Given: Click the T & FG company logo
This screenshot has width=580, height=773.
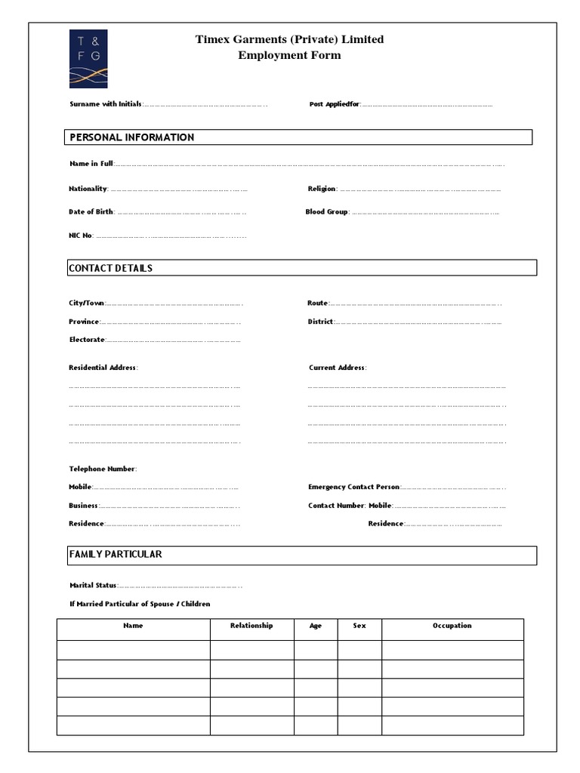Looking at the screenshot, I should [x=88, y=59].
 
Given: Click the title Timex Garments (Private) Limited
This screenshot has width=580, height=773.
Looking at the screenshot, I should [x=289, y=39].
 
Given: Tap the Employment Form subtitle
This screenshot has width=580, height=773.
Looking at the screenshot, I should [x=289, y=55].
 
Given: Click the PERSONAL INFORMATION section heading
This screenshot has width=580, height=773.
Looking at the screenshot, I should [x=132, y=137].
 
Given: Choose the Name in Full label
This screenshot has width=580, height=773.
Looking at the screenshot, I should [x=91, y=164].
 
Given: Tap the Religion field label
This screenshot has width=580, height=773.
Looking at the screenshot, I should [x=322, y=189].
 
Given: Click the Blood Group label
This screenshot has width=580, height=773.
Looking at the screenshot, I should [x=326, y=212].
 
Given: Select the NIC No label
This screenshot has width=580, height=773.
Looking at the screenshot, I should [x=81, y=236].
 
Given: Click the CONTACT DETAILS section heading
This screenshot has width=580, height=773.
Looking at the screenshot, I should [x=111, y=268].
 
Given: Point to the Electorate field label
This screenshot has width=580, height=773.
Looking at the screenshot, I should [x=87, y=340].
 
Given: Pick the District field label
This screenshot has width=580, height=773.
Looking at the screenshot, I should [x=320, y=322].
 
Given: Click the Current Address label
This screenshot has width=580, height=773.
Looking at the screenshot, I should [x=337, y=368].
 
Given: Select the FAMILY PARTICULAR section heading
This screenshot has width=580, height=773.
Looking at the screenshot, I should [x=116, y=554].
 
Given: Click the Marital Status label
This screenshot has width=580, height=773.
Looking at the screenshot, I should [x=93, y=585].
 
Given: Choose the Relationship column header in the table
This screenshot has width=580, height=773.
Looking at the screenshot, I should [x=251, y=626].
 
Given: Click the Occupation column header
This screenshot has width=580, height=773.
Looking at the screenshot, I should [x=452, y=626].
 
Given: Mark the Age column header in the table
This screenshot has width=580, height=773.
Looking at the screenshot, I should [x=316, y=626].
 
